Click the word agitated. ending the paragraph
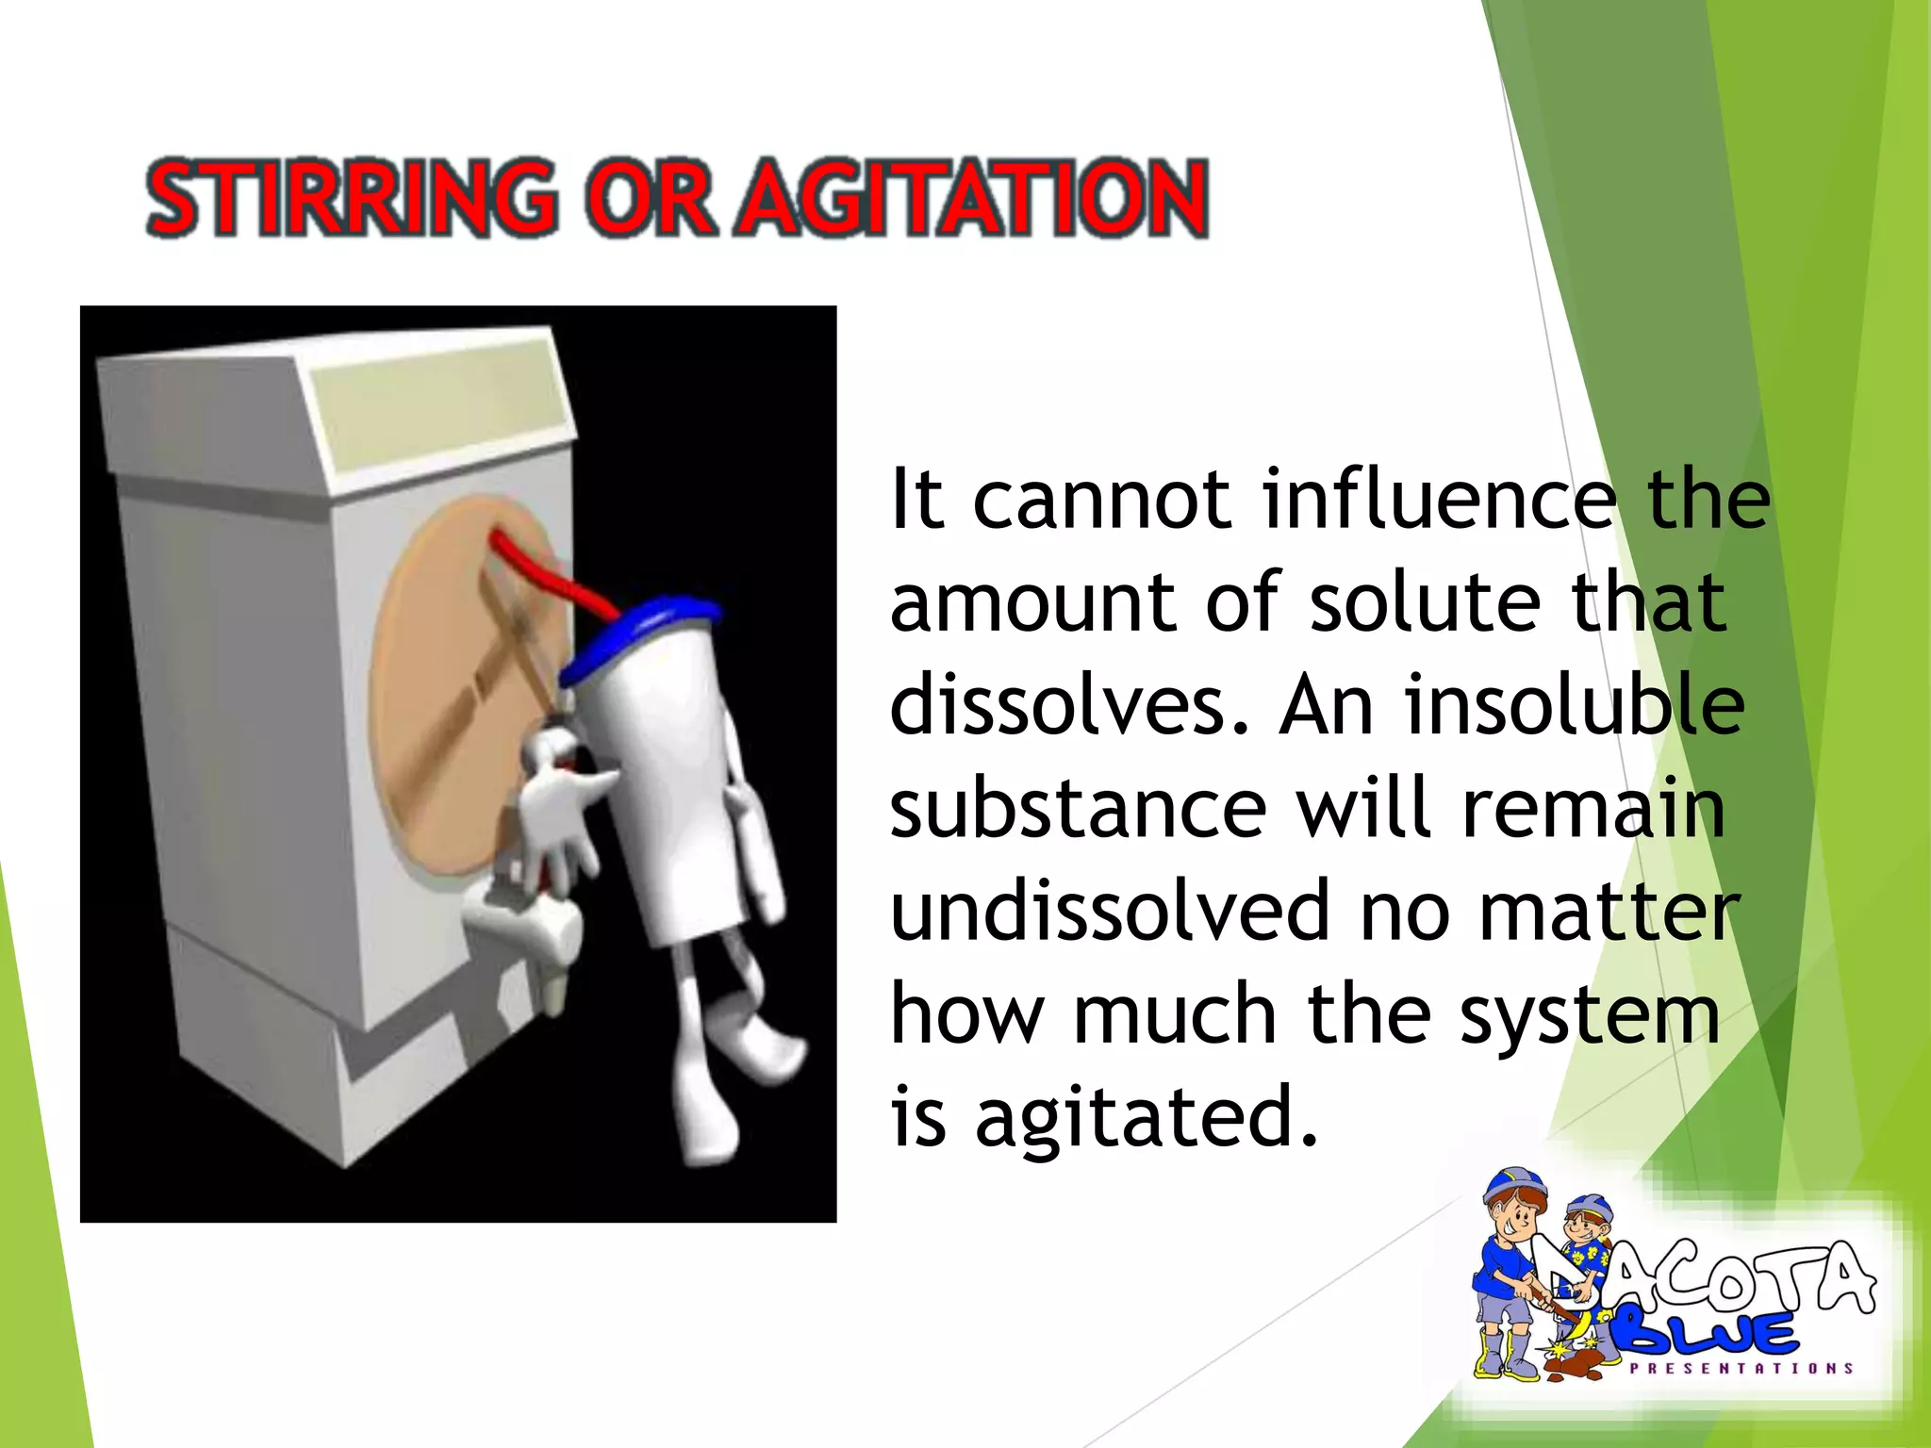point(1145,1118)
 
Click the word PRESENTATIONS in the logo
point(1741,1368)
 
